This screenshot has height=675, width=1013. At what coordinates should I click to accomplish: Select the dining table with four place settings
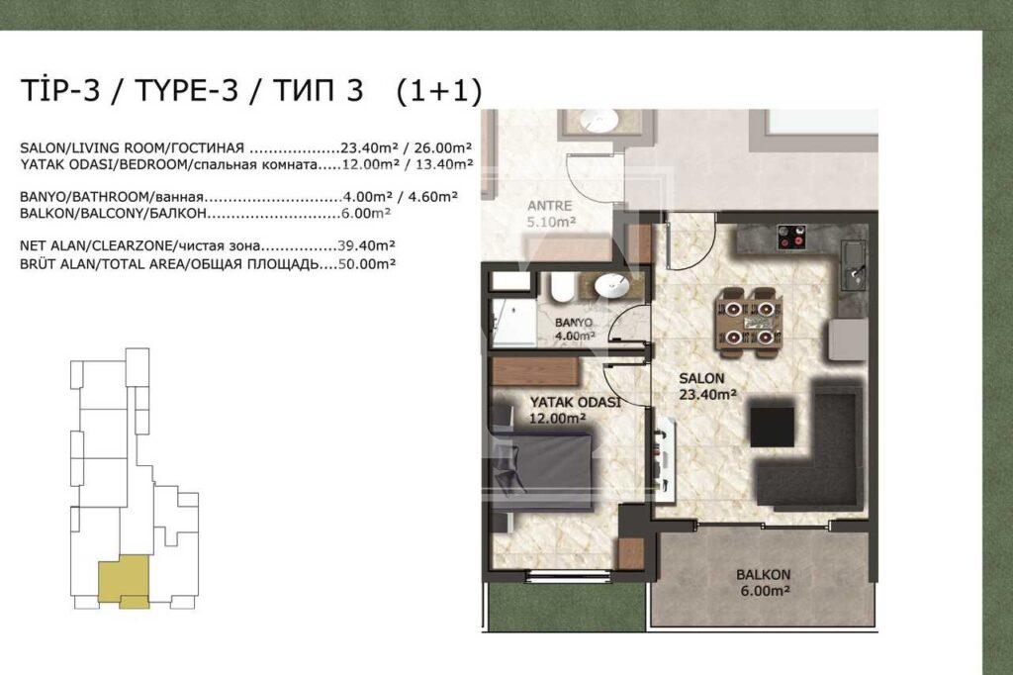coord(747,321)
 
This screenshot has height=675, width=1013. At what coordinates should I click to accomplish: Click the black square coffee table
coord(772,427)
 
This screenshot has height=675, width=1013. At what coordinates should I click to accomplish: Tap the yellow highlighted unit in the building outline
coord(122,580)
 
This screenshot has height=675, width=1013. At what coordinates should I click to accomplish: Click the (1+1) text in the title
coord(437,91)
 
